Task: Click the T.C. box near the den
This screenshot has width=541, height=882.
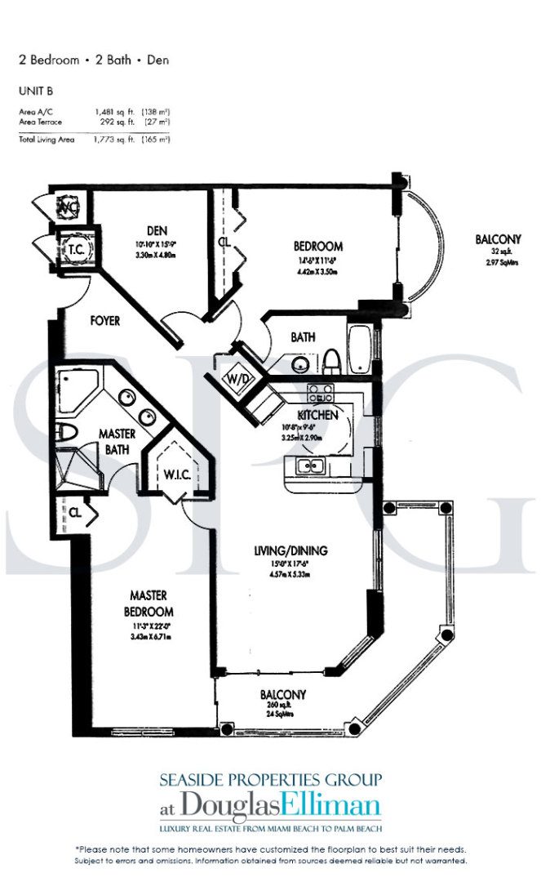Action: pyautogui.click(x=78, y=250)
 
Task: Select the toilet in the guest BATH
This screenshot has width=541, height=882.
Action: pyautogui.click(x=332, y=359)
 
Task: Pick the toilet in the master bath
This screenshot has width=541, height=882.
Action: pyautogui.click(x=68, y=431)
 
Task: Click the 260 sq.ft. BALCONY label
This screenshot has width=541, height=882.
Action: pyautogui.click(x=283, y=695)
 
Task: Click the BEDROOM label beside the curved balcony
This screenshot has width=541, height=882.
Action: pyautogui.click(x=317, y=246)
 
